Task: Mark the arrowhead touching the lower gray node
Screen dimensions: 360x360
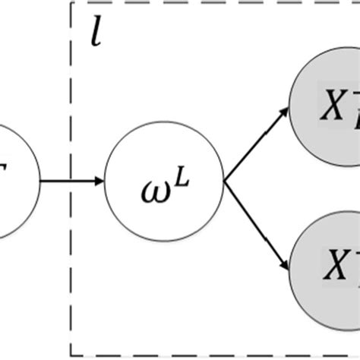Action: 283,267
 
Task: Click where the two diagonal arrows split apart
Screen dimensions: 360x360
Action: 223,182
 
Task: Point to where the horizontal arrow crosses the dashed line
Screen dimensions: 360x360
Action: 72,182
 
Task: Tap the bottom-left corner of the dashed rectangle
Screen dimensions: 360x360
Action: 72,355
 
